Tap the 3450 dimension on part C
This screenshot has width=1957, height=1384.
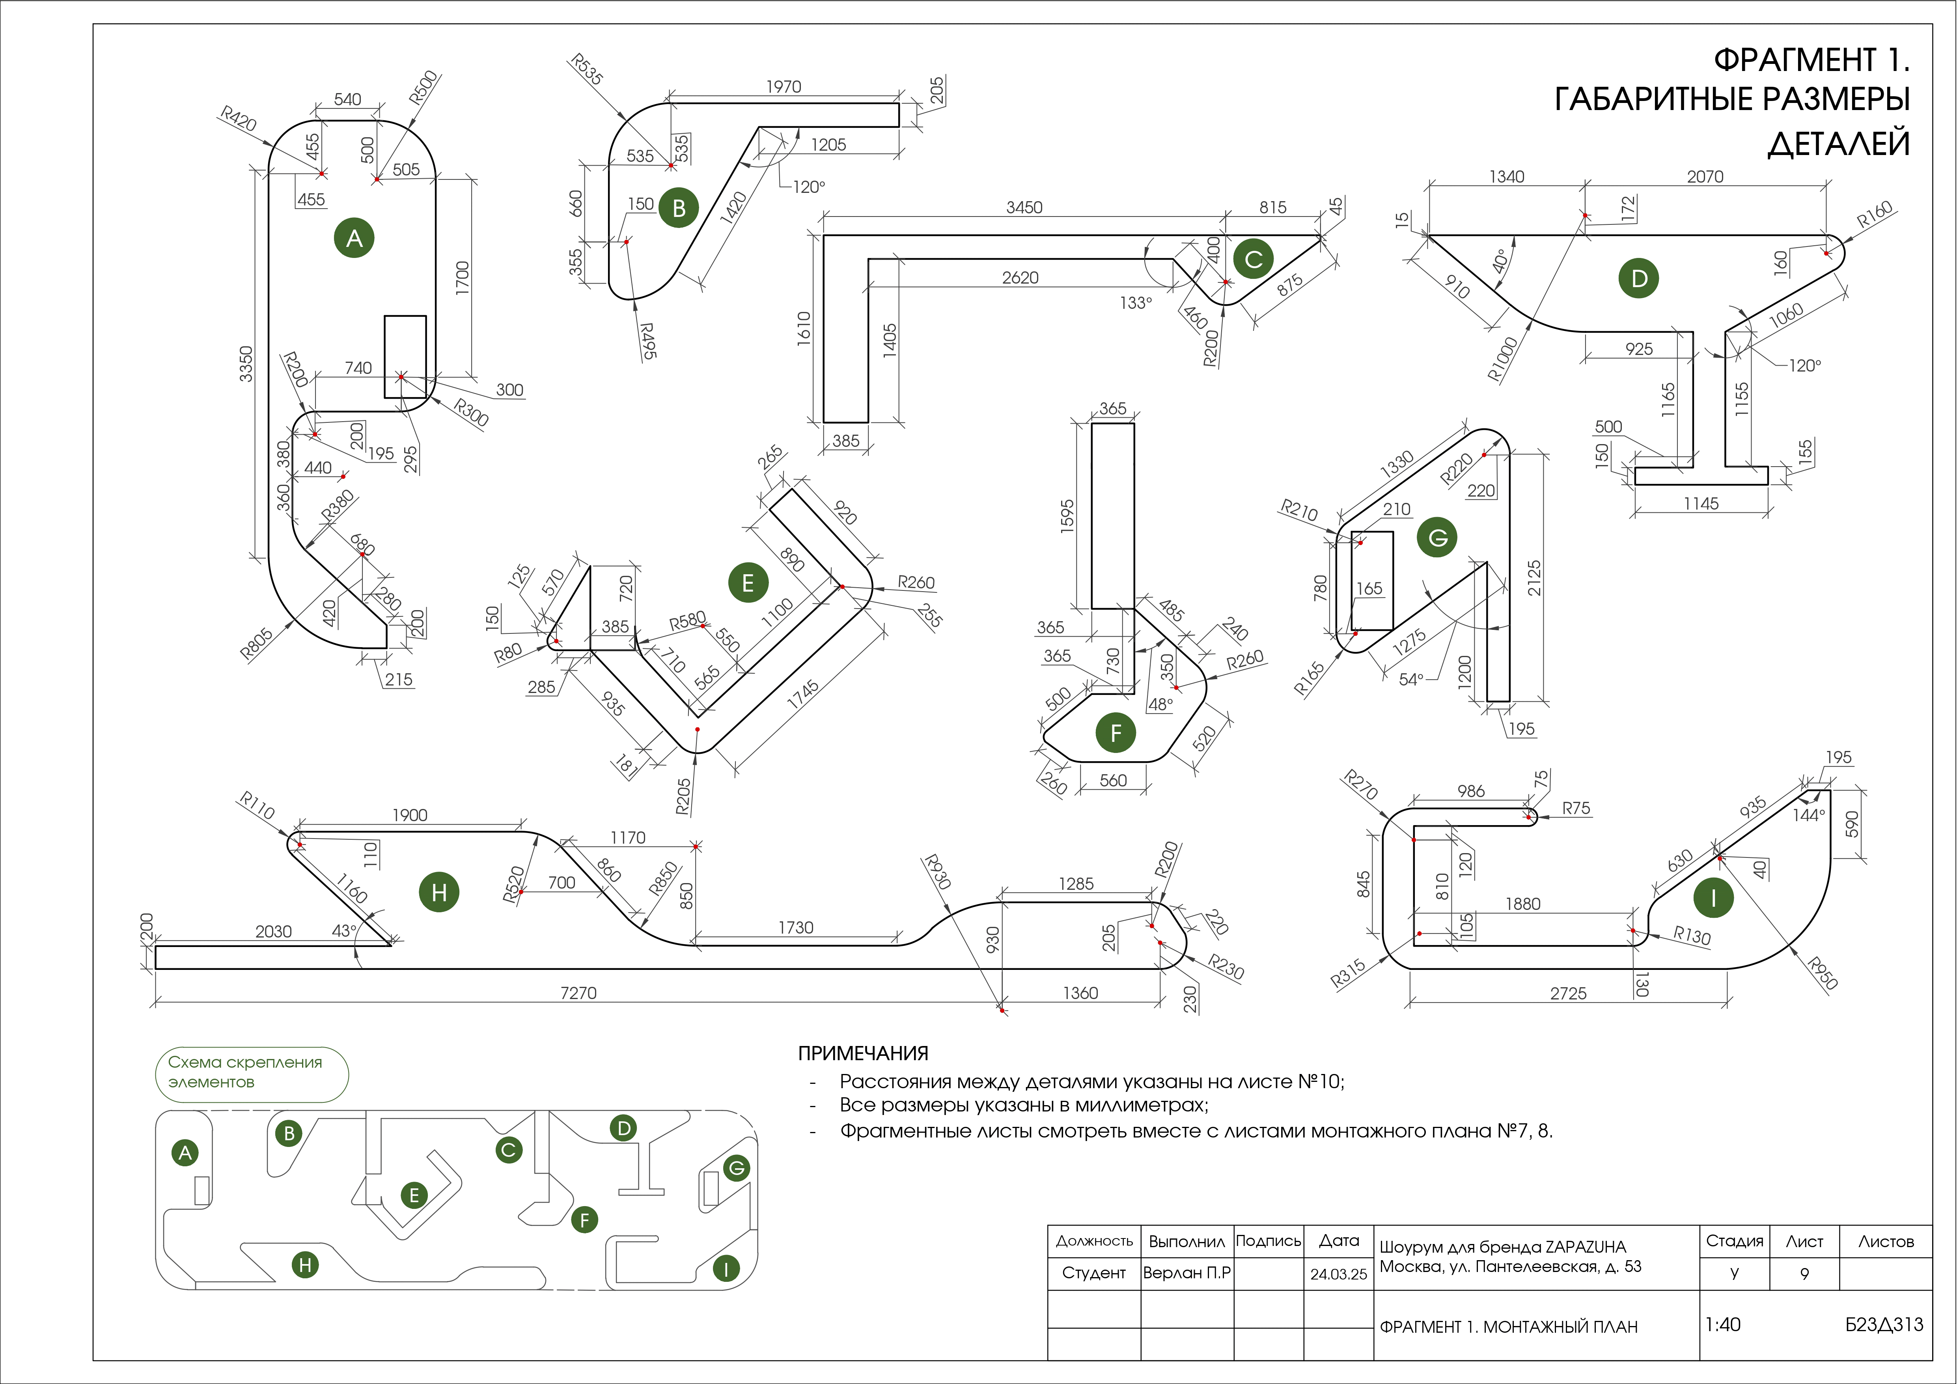click(x=1024, y=207)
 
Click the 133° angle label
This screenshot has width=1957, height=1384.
click(x=1135, y=303)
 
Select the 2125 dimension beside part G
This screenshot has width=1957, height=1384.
click(x=1534, y=577)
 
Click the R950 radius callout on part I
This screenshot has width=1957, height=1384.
click(x=1822, y=973)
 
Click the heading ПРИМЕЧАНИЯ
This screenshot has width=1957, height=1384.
click(x=863, y=1053)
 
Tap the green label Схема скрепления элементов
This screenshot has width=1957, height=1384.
click(x=246, y=1072)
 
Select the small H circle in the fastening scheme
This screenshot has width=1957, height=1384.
click(x=305, y=1264)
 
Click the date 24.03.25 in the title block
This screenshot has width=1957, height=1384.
click(x=1338, y=1274)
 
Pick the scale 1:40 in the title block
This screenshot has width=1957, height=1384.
click(x=1723, y=1324)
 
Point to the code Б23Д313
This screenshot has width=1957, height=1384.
click(x=1884, y=1324)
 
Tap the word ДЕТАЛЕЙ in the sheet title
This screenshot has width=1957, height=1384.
click(x=1839, y=144)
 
